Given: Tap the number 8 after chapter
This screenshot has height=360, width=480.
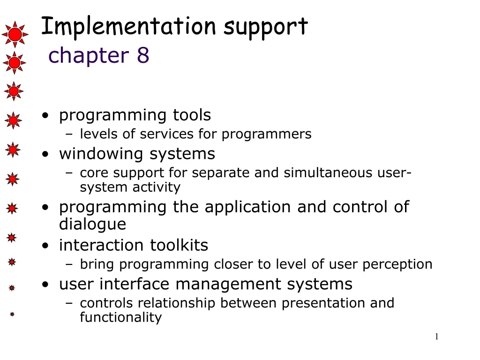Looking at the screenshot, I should [x=143, y=55].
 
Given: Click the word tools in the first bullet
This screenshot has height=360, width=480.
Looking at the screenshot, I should [x=192, y=115].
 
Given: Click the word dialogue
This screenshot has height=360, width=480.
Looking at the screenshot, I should [x=92, y=224].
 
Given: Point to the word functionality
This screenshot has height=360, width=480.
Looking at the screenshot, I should [x=120, y=318].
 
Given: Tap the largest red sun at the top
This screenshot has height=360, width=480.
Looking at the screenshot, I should [x=15, y=34].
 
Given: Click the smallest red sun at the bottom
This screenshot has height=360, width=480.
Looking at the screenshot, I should [x=12, y=315].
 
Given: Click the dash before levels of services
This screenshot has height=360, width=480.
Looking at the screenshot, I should [x=69, y=135].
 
